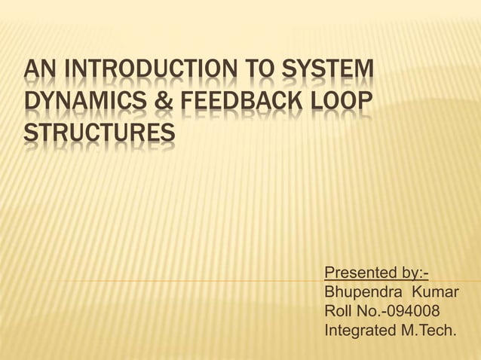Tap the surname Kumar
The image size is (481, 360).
click(x=434, y=291)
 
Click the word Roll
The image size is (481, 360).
click(x=337, y=310)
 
